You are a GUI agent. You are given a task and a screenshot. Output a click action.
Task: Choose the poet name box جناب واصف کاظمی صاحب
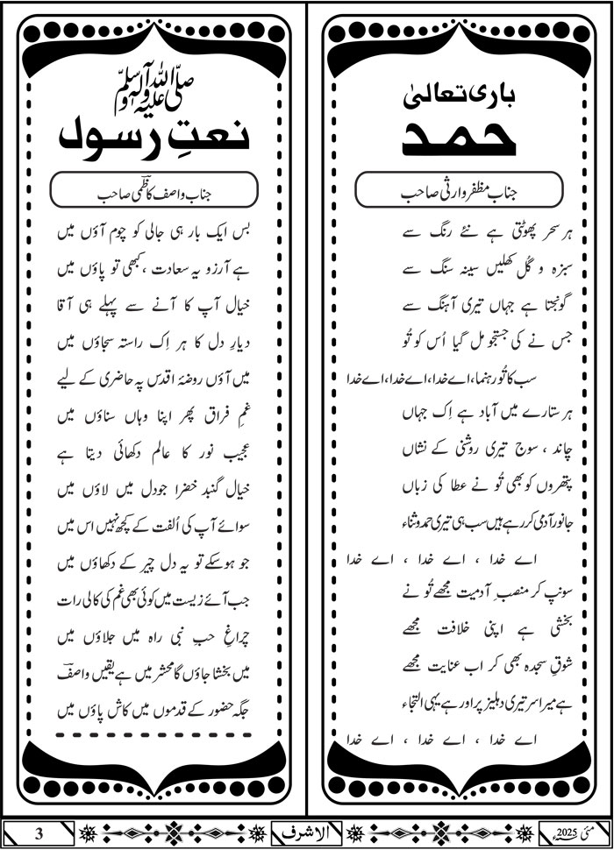coord(153,189)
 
